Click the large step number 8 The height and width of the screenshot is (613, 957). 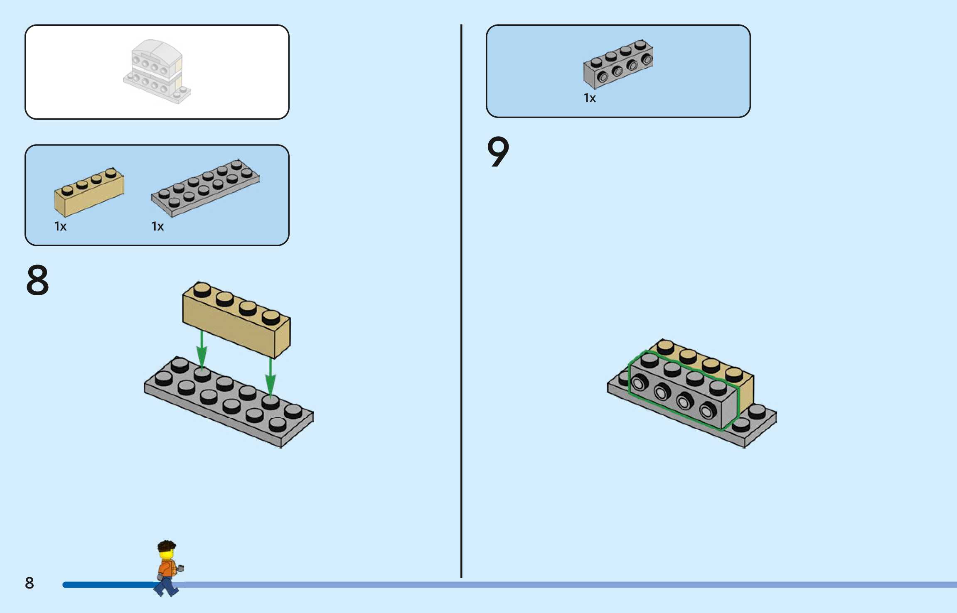point(37,280)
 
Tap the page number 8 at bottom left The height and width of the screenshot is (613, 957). point(29,583)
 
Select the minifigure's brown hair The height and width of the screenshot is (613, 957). point(167,545)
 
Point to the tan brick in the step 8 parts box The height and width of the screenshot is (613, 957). point(89,193)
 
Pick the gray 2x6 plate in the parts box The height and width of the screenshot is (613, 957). point(205,188)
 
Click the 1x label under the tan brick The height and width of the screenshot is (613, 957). point(60,226)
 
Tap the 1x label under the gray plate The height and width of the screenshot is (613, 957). point(157,226)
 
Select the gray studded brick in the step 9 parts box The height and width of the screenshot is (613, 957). point(618,64)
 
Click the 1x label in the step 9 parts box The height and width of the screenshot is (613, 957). point(590,98)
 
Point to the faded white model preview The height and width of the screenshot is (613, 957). point(157,71)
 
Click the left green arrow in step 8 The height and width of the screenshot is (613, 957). point(202,349)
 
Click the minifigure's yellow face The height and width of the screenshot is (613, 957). point(167,555)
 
